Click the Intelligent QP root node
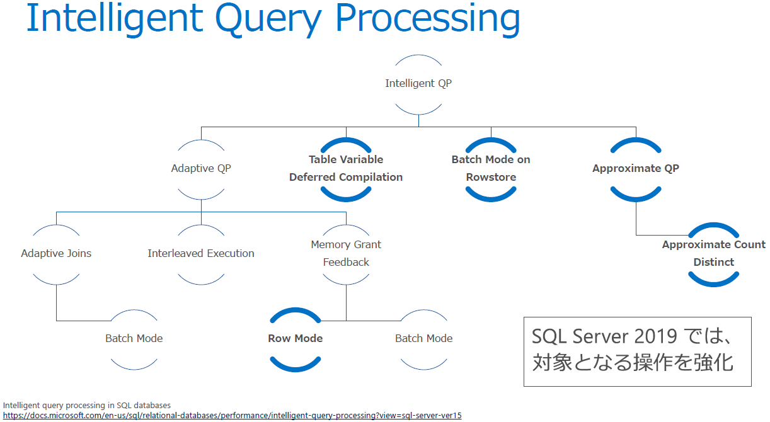click(x=418, y=83)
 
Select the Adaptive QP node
click(x=201, y=169)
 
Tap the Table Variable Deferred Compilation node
click(x=346, y=168)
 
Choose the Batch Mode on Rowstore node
click(x=491, y=168)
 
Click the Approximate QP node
click(x=636, y=168)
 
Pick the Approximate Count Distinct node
click(x=713, y=253)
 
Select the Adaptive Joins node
click(x=56, y=253)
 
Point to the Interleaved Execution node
click(x=201, y=253)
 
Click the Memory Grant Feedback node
click(x=346, y=253)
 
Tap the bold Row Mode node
click(x=295, y=338)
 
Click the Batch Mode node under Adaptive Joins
click(x=134, y=338)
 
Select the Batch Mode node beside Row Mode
click(x=423, y=338)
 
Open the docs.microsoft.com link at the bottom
click(x=232, y=416)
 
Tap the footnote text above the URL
click(x=87, y=405)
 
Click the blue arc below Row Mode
click(x=295, y=366)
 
